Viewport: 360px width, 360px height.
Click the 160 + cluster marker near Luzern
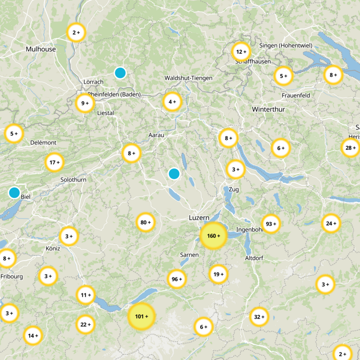(x=213, y=236)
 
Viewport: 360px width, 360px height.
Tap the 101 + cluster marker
(x=141, y=317)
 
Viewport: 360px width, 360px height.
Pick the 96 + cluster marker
(x=176, y=279)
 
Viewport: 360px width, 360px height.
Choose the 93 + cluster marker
(x=271, y=224)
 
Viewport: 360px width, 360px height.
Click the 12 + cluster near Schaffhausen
(x=240, y=52)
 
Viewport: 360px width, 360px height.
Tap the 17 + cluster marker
(x=54, y=162)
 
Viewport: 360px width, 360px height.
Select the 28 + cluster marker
(x=350, y=148)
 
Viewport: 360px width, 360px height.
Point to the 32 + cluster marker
(x=259, y=317)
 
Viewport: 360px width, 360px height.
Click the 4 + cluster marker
(x=172, y=102)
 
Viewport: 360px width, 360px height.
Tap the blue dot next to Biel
(x=14, y=193)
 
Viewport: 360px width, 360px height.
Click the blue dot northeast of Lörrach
(x=120, y=72)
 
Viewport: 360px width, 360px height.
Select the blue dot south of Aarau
(x=174, y=173)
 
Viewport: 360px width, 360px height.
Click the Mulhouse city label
(x=41, y=49)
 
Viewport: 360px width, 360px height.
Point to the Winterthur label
(x=268, y=109)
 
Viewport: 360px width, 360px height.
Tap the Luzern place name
(x=199, y=218)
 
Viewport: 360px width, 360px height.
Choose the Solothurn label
(x=73, y=180)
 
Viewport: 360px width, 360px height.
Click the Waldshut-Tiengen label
(x=188, y=78)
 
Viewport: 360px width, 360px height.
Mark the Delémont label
(x=43, y=143)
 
